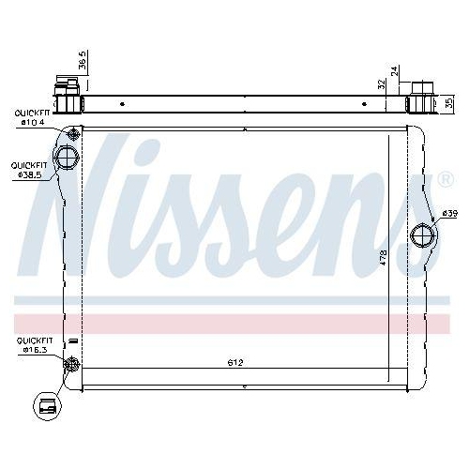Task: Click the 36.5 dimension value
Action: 83,61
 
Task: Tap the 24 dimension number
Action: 396,70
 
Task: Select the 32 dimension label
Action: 382,83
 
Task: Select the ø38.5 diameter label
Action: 28,174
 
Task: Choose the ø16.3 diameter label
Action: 33,351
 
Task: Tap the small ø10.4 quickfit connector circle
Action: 73,132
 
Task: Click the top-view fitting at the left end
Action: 68,95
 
